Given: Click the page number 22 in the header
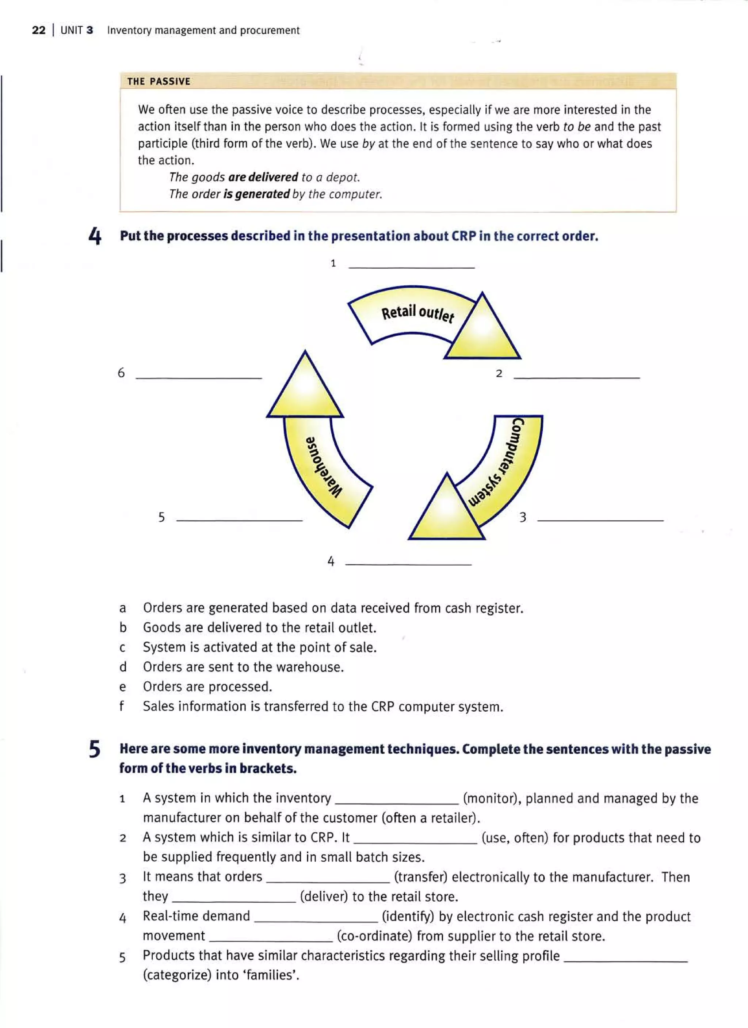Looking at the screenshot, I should point(39,30).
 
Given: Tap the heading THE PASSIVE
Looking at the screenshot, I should point(159,81).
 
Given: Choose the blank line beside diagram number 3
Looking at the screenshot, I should point(600,520).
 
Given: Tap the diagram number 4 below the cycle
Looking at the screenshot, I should point(331,561).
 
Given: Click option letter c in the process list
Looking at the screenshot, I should point(122,648).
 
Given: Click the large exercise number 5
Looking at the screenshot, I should point(94,749).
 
